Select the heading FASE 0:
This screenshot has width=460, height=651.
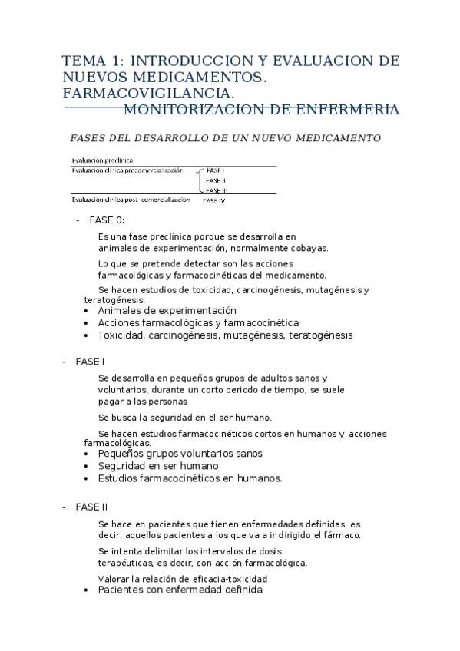click(x=107, y=220)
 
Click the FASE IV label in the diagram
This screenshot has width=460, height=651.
click(x=213, y=201)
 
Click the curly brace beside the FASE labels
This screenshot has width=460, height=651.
click(x=199, y=180)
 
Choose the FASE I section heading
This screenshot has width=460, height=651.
click(x=90, y=361)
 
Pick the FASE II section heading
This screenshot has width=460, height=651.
click(x=91, y=507)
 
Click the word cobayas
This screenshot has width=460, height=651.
click(x=309, y=248)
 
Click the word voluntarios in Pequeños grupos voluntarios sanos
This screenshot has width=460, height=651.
click(x=195, y=454)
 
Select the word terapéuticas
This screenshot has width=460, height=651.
click(x=128, y=562)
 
